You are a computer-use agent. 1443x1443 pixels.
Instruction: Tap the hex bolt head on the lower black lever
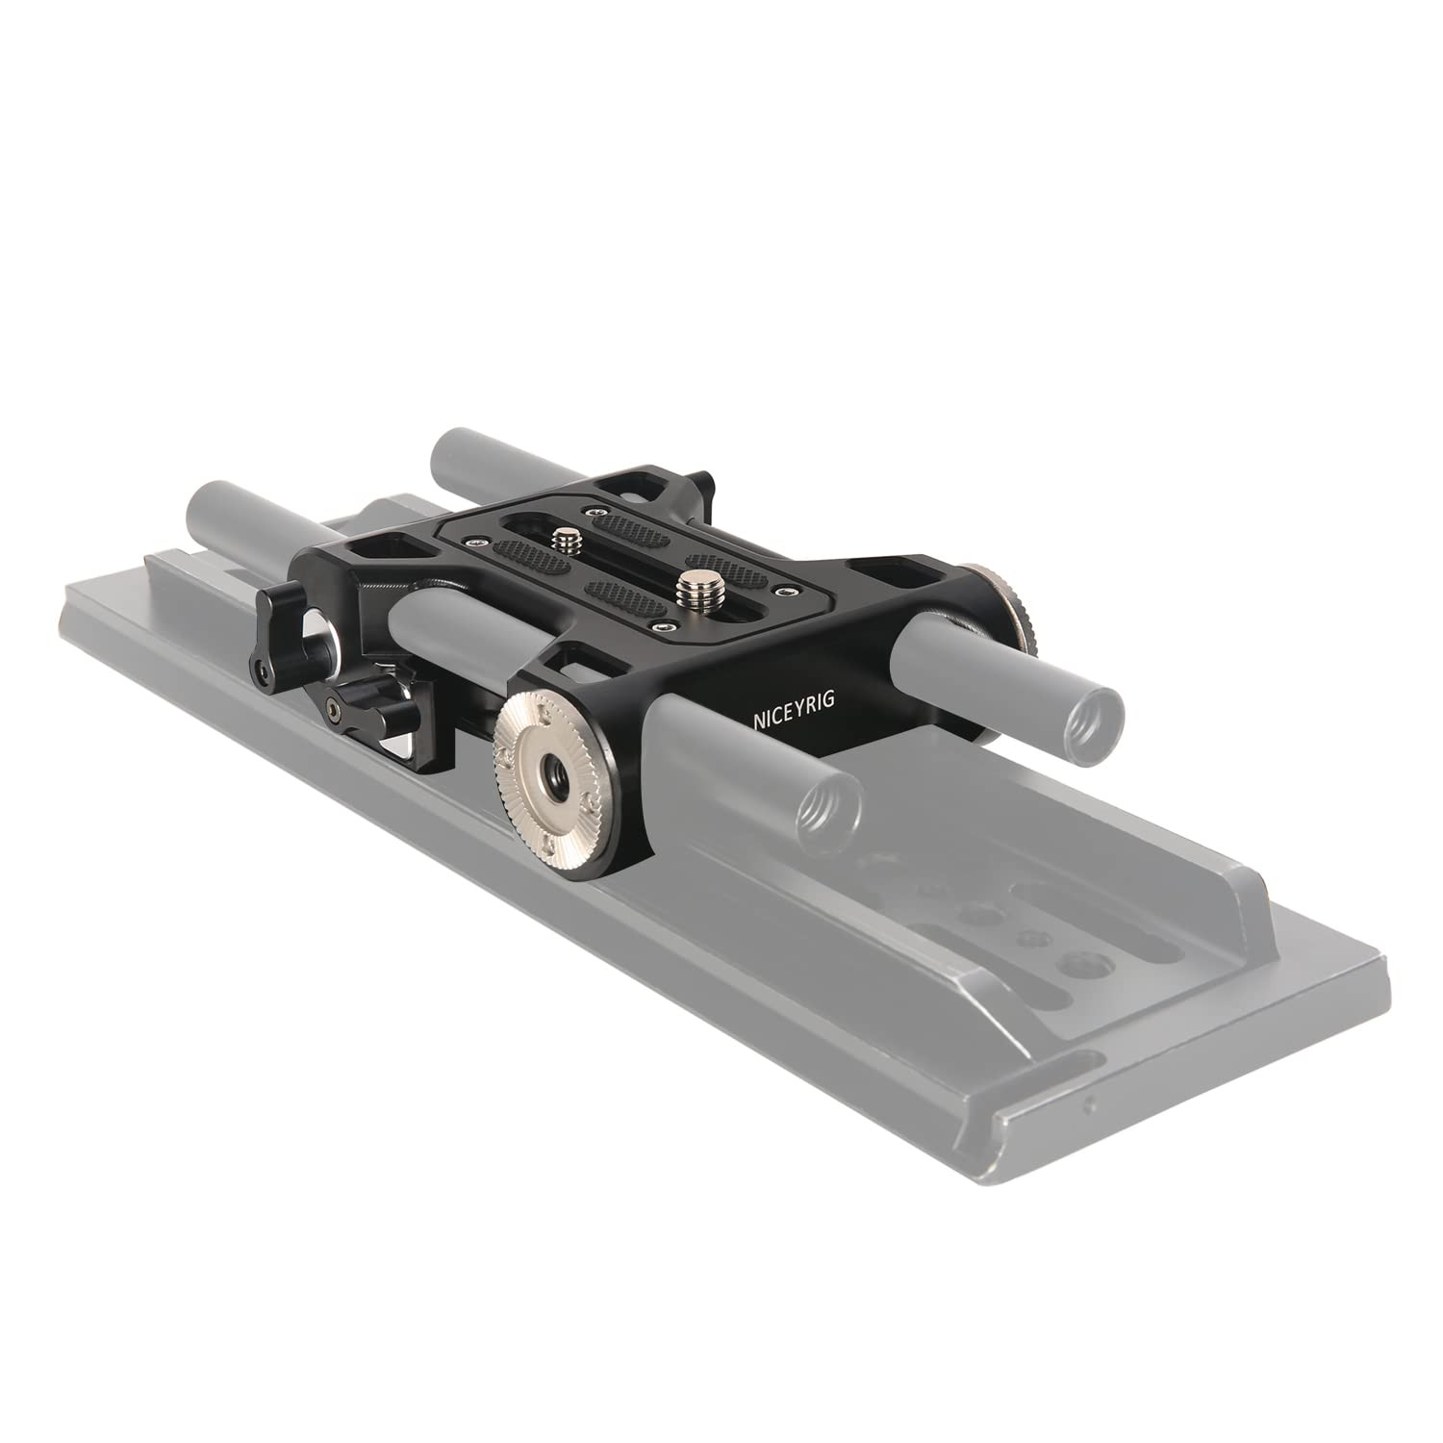point(334,710)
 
